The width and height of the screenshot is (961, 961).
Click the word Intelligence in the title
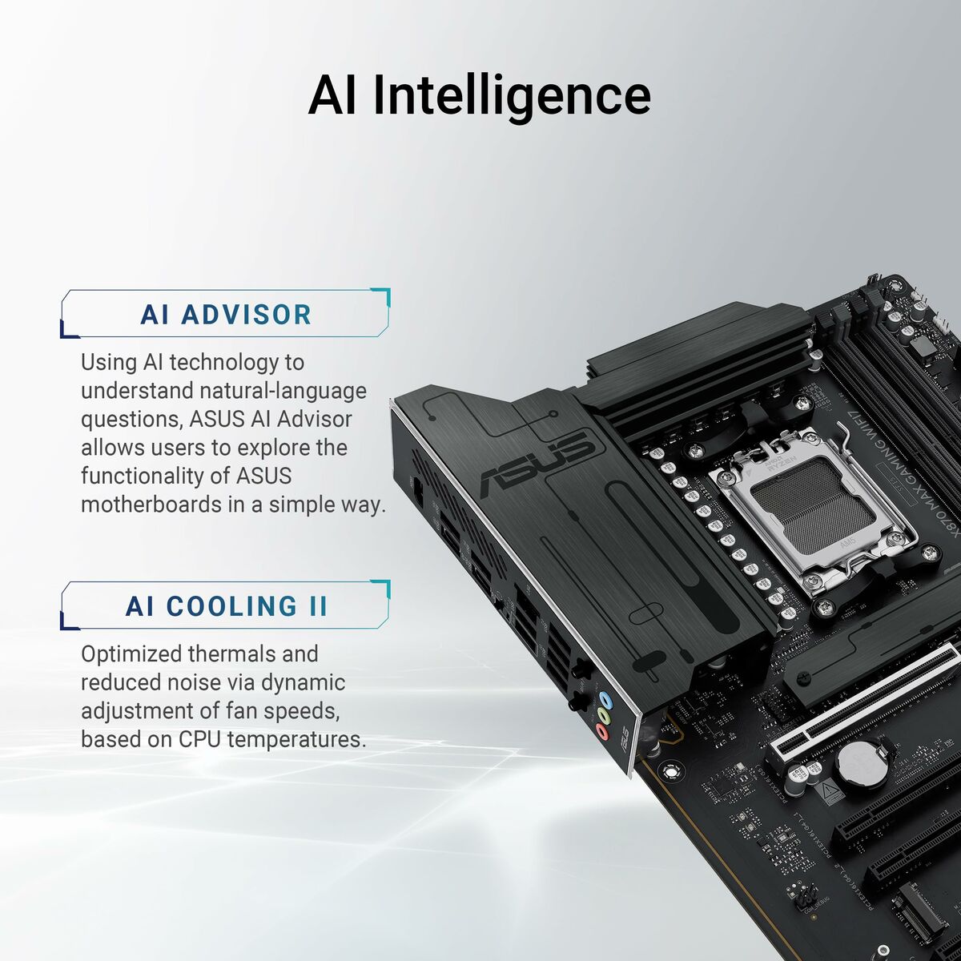click(513, 96)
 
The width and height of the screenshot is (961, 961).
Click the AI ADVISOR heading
click(226, 315)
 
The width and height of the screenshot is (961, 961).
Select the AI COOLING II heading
click(227, 606)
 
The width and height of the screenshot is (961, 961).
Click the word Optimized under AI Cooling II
click(131, 653)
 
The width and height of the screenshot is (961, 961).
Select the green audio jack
click(604, 715)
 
